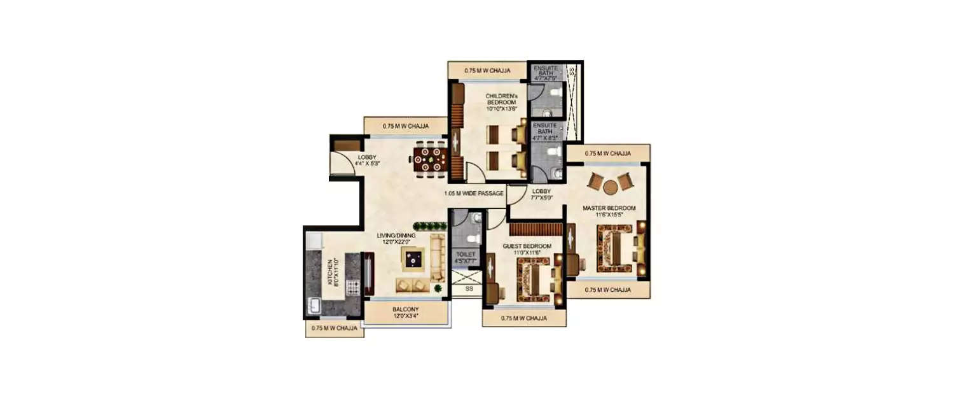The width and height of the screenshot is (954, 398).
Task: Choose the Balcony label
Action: (405, 312)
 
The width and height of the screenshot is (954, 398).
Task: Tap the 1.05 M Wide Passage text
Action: (474, 193)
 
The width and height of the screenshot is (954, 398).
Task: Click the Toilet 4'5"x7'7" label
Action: (466, 257)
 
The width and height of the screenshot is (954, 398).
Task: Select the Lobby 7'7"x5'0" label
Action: (542, 194)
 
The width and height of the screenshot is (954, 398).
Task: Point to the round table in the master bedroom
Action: (611, 187)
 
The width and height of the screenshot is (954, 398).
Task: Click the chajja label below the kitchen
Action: (334, 329)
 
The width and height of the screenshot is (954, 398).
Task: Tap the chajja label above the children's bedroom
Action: (487, 70)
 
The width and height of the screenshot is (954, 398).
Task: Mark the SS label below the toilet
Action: (469, 288)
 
